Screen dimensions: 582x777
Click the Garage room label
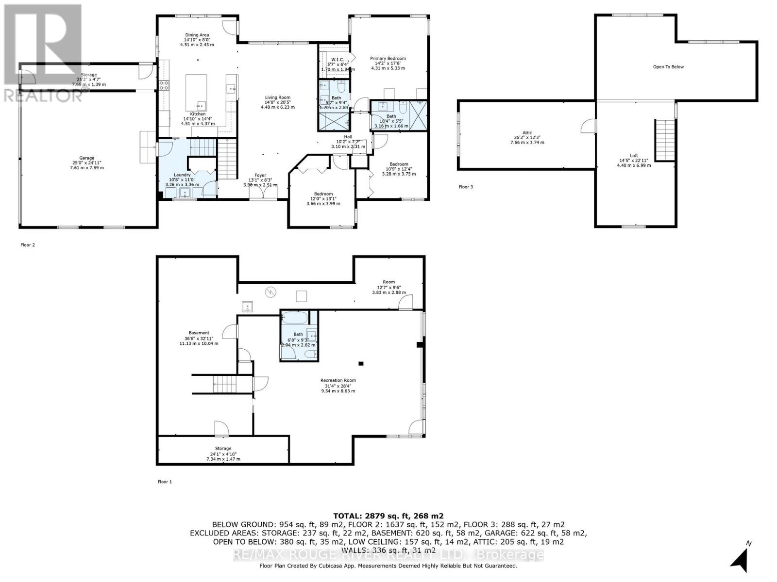[x=87, y=163]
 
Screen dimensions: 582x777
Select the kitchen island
[x=196, y=92]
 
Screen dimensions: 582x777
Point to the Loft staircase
[x=665, y=140]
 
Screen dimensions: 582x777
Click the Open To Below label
[x=668, y=67]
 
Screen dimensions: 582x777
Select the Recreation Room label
[x=338, y=385]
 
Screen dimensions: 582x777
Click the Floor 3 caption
[x=465, y=187]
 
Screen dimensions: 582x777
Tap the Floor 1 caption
[x=165, y=482]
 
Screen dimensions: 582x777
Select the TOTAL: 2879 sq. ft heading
[x=388, y=516]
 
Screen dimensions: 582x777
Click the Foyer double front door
[x=263, y=194]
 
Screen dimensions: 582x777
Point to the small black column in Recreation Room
[x=360, y=363]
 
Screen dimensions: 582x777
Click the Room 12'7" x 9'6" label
[x=388, y=287]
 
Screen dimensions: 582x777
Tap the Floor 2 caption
[x=28, y=245]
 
